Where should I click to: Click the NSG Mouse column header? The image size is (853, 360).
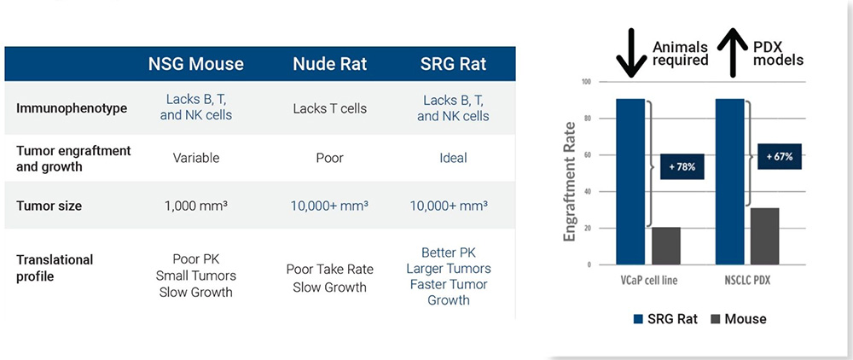pos(196,64)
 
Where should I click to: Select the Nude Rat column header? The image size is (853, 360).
pos(329,64)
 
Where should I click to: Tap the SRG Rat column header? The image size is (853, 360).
pos(453,64)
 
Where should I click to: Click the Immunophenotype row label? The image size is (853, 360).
pos(72,108)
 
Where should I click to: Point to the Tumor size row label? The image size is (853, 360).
pos(49,206)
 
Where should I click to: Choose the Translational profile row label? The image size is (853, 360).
pos(55,268)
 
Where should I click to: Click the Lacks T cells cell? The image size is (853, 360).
pos(329,108)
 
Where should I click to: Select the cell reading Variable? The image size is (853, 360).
pos(196,158)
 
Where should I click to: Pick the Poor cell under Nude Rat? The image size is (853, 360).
pos(329,158)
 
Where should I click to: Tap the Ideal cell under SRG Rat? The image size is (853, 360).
pos(453,158)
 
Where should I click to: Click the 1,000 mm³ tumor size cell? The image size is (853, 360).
pos(196,206)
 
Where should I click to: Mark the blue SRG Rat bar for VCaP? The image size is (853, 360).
pos(630,182)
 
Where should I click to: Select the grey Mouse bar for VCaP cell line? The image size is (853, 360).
pos(666,246)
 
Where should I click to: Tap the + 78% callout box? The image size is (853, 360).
pos(682,166)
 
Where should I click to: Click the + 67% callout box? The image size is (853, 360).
pos(780,156)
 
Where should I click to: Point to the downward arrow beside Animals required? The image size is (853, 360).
pos(631,52)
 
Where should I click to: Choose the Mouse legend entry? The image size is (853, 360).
pos(738,319)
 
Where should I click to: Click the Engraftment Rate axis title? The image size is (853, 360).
pos(570,182)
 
